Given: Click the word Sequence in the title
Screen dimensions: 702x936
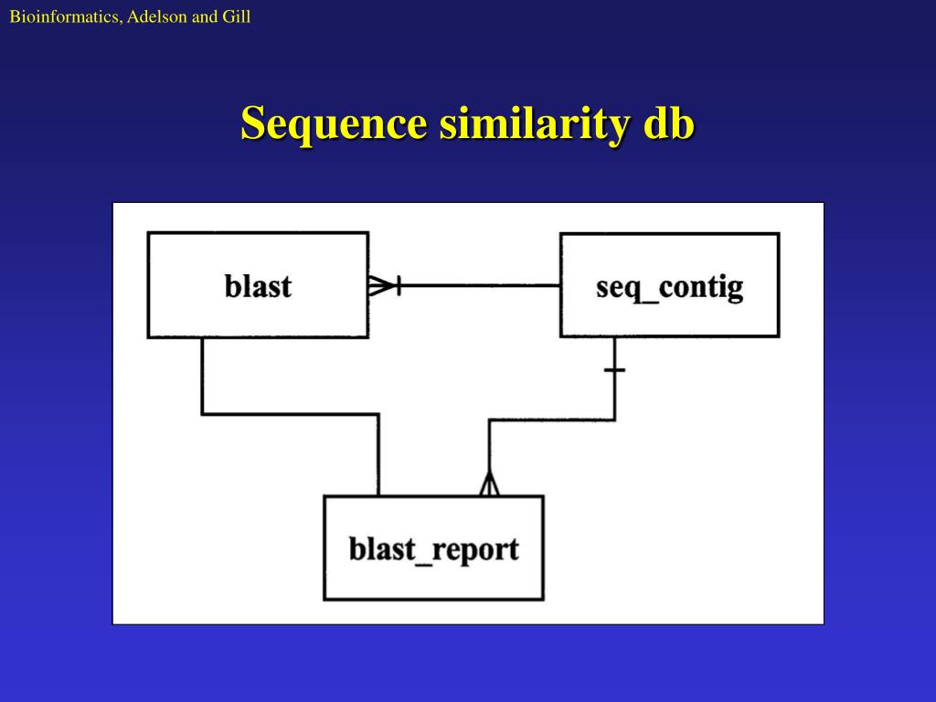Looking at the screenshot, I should [334, 124].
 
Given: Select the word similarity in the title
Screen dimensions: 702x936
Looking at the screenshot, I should [534, 123].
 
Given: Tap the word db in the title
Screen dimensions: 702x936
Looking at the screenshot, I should [669, 123].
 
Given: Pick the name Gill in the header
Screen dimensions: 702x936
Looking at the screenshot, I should [236, 16].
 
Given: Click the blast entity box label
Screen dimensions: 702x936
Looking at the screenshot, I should [258, 286].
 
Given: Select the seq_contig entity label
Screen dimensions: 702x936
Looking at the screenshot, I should [669, 287].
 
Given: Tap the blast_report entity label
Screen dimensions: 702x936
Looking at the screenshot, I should [433, 548].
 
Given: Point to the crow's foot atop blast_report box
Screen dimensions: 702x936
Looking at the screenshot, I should [490, 484].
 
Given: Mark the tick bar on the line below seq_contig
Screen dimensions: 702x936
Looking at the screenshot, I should [615, 370].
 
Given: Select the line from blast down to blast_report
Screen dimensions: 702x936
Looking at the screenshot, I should [289, 414].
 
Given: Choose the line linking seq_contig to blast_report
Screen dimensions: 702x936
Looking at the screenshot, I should [551, 420].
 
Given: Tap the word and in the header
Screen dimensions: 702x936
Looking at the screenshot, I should [203, 16].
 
